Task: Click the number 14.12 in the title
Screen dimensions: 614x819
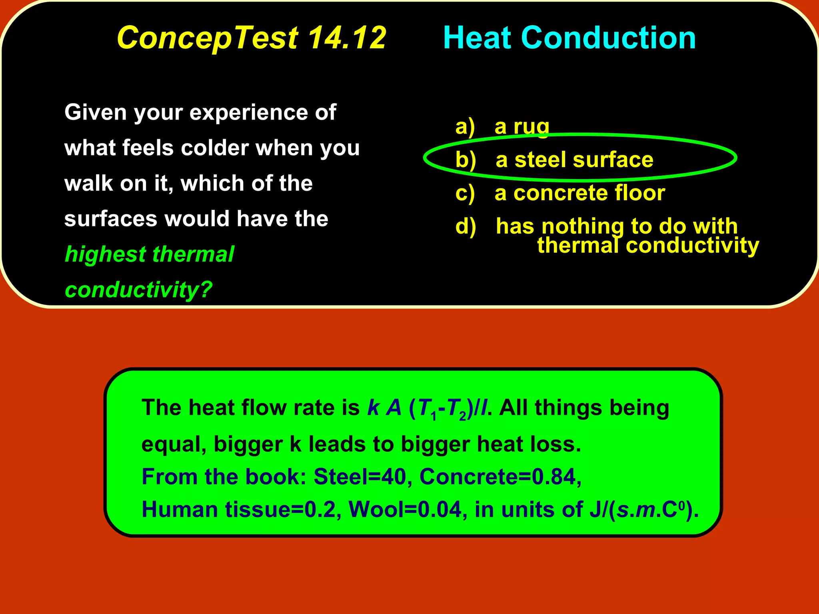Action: click(347, 38)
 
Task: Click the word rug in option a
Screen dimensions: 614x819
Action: click(531, 127)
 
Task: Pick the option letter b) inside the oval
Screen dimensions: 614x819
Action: click(466, 160)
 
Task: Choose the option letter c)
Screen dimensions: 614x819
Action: click(465, 193)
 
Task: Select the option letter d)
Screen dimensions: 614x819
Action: click(466, 226)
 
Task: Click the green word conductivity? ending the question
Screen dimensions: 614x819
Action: click(138, 289)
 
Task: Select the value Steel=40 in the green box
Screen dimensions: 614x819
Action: click(360, 476)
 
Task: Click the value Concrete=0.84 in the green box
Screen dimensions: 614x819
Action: click(500, 476)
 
